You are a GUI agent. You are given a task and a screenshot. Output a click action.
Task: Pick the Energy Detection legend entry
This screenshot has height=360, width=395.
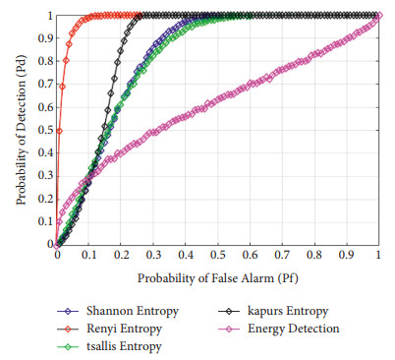[295, 328]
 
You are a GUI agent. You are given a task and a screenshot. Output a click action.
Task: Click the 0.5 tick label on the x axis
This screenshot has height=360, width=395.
[218, 255]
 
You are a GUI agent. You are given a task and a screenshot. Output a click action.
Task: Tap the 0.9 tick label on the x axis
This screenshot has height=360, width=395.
[347, 255]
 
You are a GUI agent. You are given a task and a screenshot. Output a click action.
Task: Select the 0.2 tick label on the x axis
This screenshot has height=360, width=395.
[122, 255]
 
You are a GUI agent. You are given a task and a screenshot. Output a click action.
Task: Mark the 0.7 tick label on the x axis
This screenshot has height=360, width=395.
[283, 255]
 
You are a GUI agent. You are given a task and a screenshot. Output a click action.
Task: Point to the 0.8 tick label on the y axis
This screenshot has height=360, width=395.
[45, 62]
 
